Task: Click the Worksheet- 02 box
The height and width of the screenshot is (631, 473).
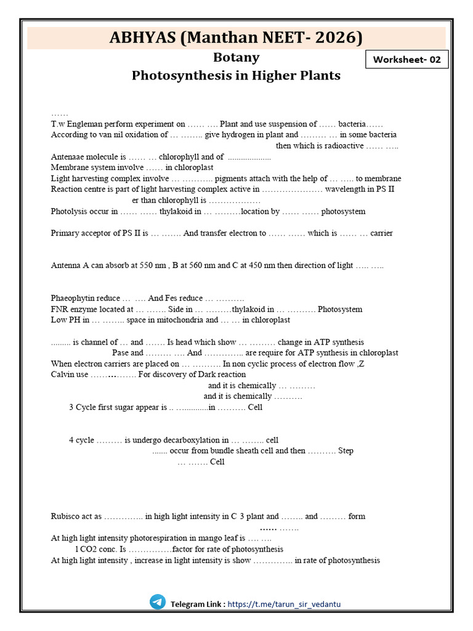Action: [407, 60]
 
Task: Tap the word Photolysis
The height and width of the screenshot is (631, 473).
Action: [70, 211]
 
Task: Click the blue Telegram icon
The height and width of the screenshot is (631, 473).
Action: [158, 602]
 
